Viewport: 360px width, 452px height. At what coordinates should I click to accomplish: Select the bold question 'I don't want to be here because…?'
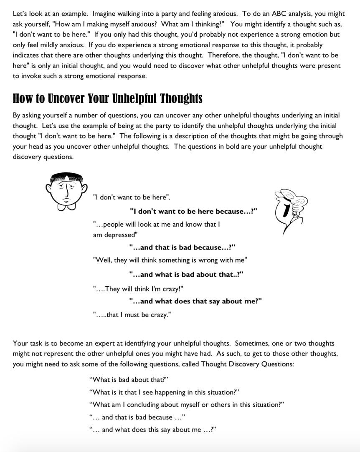(193, 211)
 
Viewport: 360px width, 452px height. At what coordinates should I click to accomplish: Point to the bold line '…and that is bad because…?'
(182, 247)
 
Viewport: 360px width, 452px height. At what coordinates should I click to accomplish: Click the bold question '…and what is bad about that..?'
(186, 275)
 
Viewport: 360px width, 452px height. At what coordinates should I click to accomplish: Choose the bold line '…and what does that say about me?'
(195, 301)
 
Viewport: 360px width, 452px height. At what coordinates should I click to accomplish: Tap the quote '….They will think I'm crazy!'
(138, 288)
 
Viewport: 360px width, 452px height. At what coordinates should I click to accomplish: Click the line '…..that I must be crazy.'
(132, 315)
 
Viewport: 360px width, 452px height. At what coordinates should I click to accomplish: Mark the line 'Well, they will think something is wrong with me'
(170, 260)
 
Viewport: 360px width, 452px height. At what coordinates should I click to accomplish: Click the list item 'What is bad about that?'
(129, 380)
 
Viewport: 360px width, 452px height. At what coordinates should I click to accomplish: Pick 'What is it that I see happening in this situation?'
(164, 392)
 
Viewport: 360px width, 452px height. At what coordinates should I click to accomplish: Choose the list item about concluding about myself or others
(187, 405)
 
